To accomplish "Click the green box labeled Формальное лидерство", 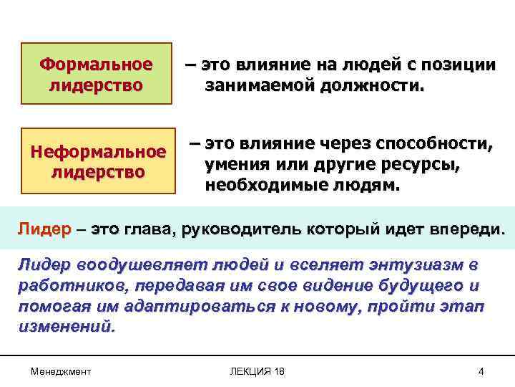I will (96, 75).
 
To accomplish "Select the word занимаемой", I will (254, 87).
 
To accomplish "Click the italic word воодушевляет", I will (125, 265).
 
